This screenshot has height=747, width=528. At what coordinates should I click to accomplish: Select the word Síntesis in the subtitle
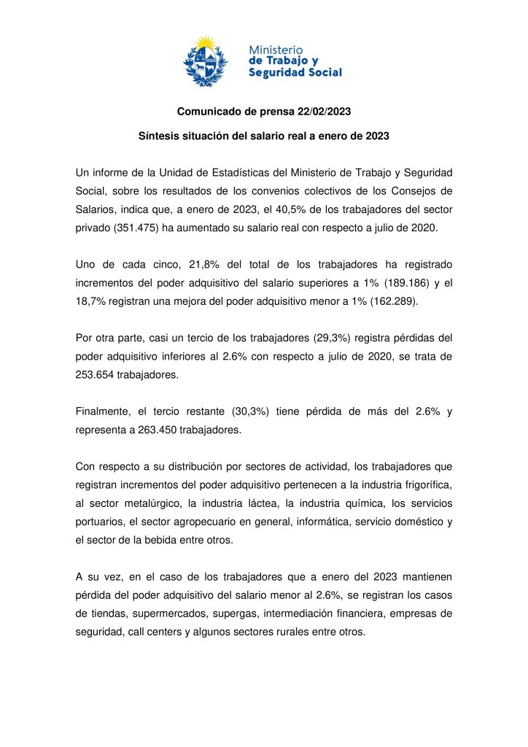(x=159, y=136)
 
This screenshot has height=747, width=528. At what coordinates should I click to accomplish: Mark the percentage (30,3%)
(x=256, y=411)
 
